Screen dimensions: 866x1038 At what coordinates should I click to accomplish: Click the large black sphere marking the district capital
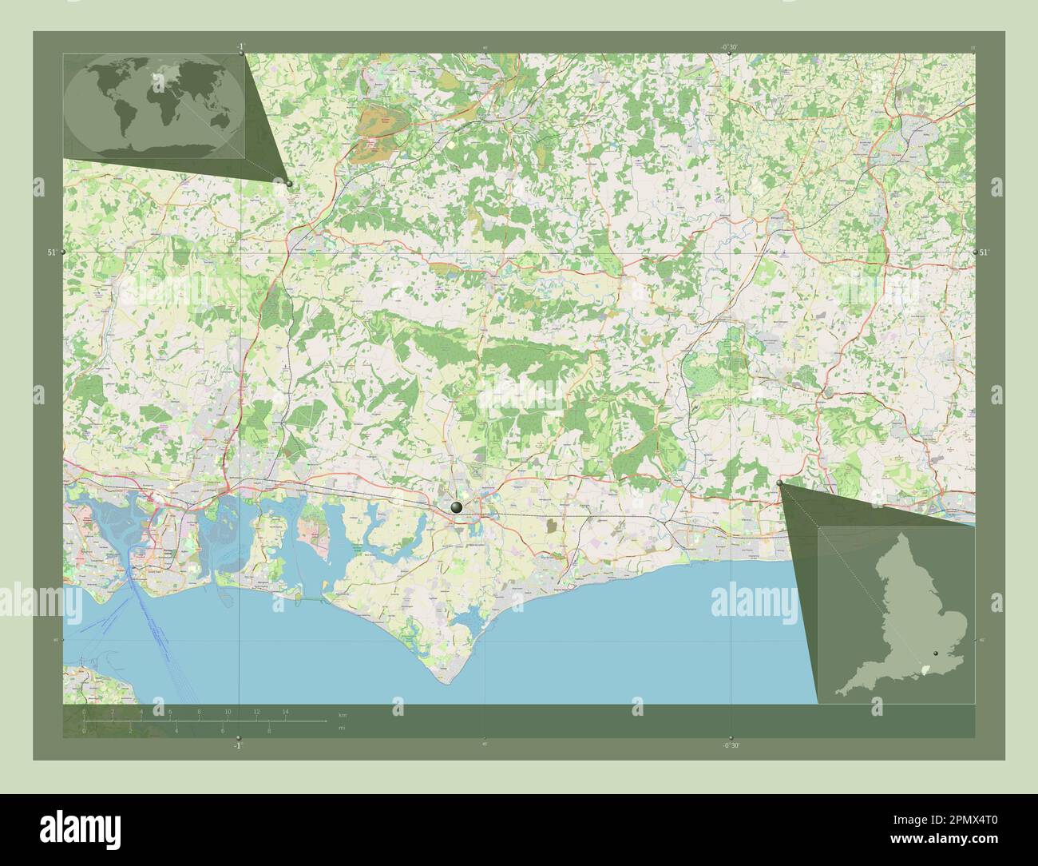point(456,506)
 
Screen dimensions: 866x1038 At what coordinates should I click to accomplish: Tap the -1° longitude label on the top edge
point(240,47)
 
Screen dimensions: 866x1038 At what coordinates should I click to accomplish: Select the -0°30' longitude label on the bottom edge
point(731,745)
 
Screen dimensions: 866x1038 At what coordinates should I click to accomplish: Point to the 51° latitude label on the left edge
point(52,252)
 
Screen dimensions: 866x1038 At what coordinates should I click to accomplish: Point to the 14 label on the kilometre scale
point(284,711)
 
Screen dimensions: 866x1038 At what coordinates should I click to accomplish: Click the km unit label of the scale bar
point(343,715)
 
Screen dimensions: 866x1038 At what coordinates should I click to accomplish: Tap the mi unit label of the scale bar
point(342,729)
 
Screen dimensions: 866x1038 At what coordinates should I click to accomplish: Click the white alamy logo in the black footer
point(79,828)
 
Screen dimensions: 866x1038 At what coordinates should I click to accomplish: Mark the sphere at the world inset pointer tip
point(289,184)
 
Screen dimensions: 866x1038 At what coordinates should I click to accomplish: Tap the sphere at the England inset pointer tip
point(779,483)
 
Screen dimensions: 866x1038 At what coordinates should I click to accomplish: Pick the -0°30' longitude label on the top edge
point(731,47)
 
